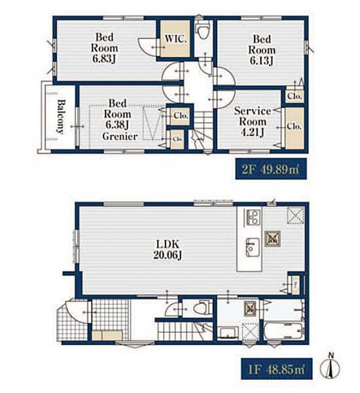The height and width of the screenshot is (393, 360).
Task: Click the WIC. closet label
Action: click(x=175, y=39)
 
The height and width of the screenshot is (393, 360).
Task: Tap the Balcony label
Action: click(x=60, y=117)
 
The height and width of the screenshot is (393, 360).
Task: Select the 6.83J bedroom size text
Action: click(x=104, y=59)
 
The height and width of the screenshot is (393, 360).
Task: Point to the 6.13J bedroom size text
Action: click(x=261, y=60)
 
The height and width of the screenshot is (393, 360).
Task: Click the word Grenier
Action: click(x=120, y=136)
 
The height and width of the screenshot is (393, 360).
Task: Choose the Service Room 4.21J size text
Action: click(x=252, y=132)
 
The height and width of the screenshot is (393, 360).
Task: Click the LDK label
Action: click(x=168, y=244)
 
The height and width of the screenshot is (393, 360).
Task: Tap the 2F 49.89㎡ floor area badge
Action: click(x=271, y=169)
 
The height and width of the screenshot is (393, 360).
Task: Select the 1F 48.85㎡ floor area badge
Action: click(x=277, y=369)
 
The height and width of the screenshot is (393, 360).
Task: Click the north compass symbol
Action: click(x=330, y=367)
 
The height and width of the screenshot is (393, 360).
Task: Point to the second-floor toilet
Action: click(x=202, y=30)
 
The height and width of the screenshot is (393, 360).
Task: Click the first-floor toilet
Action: click(x=202, y=307)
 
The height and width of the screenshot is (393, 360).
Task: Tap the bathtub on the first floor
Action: click(x=284, y=330)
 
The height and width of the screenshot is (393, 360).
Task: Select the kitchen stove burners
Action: click(x=253, y=217)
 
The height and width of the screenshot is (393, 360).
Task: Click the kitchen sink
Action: click(x=252, y=248)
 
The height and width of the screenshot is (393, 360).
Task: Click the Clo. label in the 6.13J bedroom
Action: click(x=295, y=96)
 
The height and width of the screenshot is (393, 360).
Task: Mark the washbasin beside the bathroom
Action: click(x=228, y=333)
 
